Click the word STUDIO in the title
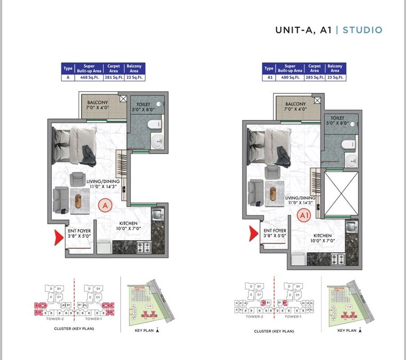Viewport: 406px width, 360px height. (363, 30)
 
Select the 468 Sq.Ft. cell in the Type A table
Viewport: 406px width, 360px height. (88, 77)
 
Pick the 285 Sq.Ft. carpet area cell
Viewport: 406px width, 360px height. (315, 77)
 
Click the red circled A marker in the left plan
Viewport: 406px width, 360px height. (105, 205)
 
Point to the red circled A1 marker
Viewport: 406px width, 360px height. (304, 216)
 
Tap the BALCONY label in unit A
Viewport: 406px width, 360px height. (98, 103)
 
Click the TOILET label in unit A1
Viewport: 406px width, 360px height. (337, 118)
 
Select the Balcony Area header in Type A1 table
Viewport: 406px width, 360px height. (335, 68)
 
